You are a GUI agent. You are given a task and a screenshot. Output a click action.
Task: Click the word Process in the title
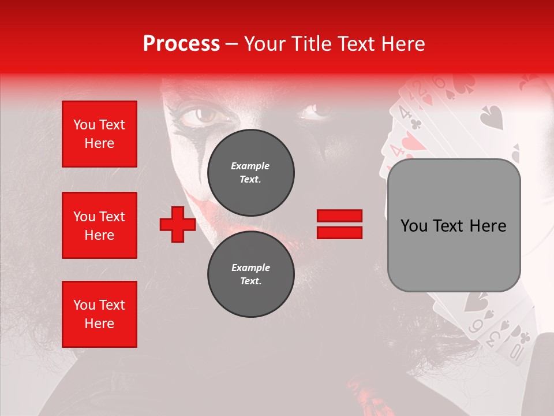[x=181, y=44]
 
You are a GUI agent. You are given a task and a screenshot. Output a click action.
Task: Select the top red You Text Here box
[x=99, y=134]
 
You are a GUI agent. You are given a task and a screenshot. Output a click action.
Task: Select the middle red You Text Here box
[x=99, y=225]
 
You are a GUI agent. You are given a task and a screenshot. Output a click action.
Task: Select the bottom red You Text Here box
[x=99, y=314]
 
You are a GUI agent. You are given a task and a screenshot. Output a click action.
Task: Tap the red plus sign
[x=178, y=224]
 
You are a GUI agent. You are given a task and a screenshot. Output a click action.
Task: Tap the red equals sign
[x=339, y=224]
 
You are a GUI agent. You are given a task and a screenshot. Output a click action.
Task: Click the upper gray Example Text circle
[x=250, y=172]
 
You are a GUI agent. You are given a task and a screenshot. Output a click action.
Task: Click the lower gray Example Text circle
[x=250, y=274]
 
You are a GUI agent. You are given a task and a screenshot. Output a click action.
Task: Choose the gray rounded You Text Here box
[x=454, y=225]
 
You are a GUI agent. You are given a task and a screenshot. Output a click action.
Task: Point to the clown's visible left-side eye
[x=205, y=115]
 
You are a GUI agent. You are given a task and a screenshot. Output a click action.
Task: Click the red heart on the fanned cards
[x=410, y=142]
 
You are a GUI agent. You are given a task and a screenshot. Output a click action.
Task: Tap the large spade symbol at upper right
[x=492, y=117]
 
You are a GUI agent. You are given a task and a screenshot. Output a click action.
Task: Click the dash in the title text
[x=232, y=44]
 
